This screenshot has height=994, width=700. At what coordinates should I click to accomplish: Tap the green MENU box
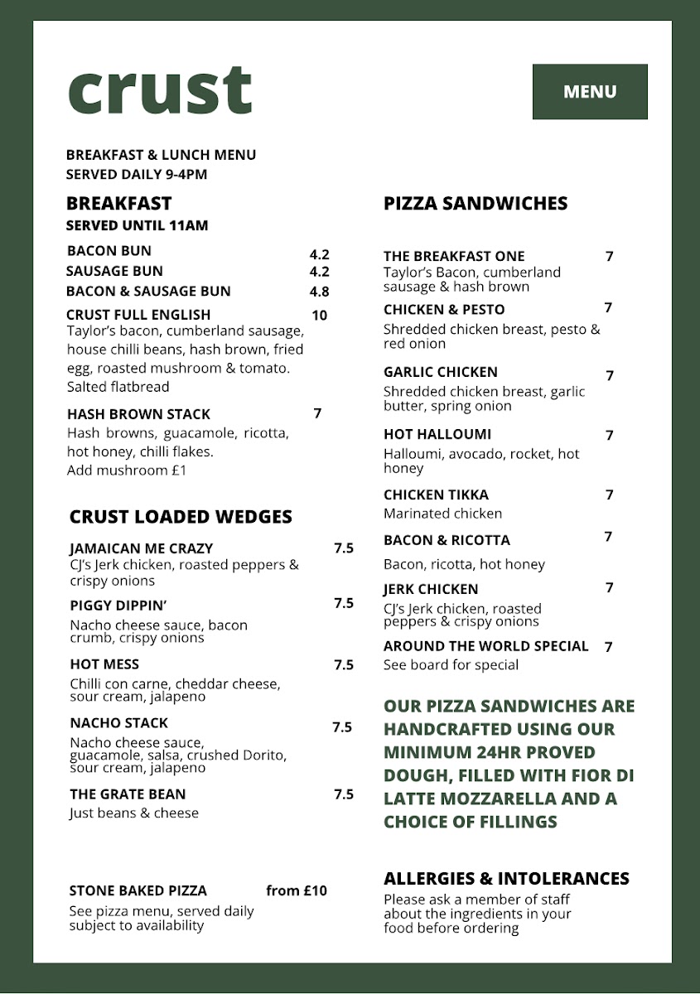590,92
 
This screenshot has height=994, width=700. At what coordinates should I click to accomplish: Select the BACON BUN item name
109,251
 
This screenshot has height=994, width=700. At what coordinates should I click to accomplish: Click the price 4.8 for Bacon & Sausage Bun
319,292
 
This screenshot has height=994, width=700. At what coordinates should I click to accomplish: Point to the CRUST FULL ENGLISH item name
138,315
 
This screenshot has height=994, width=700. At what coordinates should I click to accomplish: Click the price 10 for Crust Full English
319,315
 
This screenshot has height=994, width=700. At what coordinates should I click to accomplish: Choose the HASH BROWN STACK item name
138,414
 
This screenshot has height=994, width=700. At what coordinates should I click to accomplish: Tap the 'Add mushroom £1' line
127,470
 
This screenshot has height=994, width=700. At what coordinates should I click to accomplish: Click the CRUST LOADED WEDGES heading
181,517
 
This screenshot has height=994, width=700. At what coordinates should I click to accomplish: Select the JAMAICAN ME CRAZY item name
142,548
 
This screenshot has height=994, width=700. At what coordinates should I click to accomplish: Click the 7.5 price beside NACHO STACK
342,727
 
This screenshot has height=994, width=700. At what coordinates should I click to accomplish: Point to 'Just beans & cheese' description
134,813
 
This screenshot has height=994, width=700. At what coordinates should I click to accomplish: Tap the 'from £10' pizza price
297,891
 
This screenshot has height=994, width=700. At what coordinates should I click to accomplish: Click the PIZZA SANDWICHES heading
476,204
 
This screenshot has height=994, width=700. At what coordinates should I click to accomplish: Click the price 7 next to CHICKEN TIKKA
609,495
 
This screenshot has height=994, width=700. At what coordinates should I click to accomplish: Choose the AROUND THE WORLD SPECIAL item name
485,646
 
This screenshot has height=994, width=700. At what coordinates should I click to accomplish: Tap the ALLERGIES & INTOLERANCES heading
506,878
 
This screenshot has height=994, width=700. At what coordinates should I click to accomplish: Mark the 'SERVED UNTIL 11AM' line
137,225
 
